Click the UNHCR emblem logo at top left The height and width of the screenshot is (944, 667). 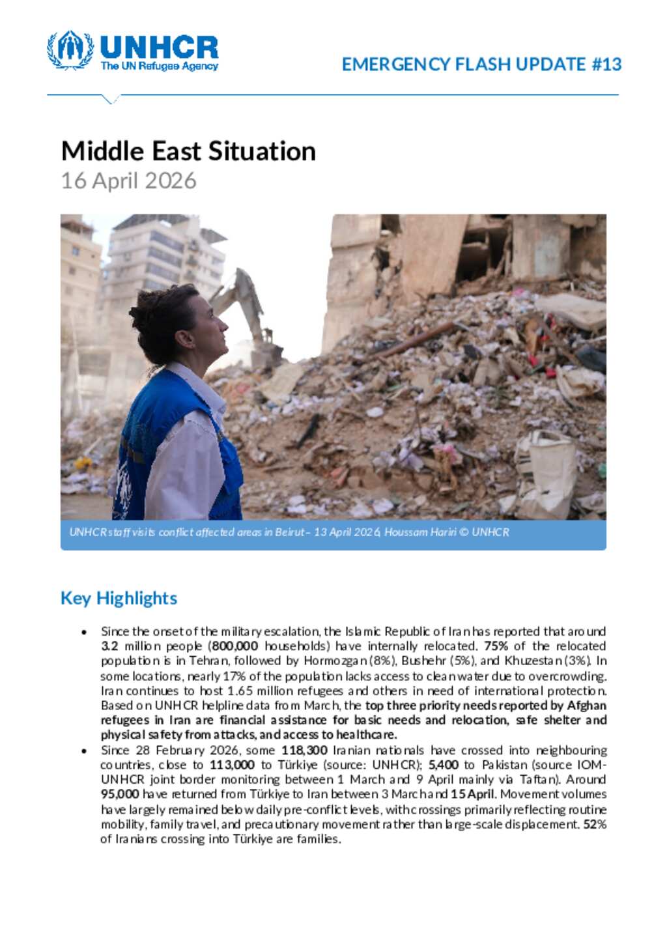click(x=70, y=50)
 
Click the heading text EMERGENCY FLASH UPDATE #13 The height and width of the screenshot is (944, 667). click(x=481, y=64)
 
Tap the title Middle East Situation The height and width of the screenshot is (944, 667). click(x=188, y=151)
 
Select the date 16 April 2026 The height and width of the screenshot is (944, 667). click(x=128, y=180)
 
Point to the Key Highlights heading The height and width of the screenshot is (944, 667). click(x=119, y=598)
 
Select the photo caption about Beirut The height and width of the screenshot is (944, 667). click(x=289, y=532)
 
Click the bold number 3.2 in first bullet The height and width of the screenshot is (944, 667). click(x=109, y=646)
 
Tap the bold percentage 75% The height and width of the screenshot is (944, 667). click(x=496, y=646)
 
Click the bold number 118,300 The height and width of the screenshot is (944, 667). click(x=304, y=751)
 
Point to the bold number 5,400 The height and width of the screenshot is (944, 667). click(x=443, y=765)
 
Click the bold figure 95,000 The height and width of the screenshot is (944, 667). click(x=120, y=794)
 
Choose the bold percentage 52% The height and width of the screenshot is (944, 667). click(x=595, y=824)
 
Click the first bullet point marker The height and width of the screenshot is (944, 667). click(x=84, y=632)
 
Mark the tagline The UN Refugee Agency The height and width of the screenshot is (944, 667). click(x=159, y=66)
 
